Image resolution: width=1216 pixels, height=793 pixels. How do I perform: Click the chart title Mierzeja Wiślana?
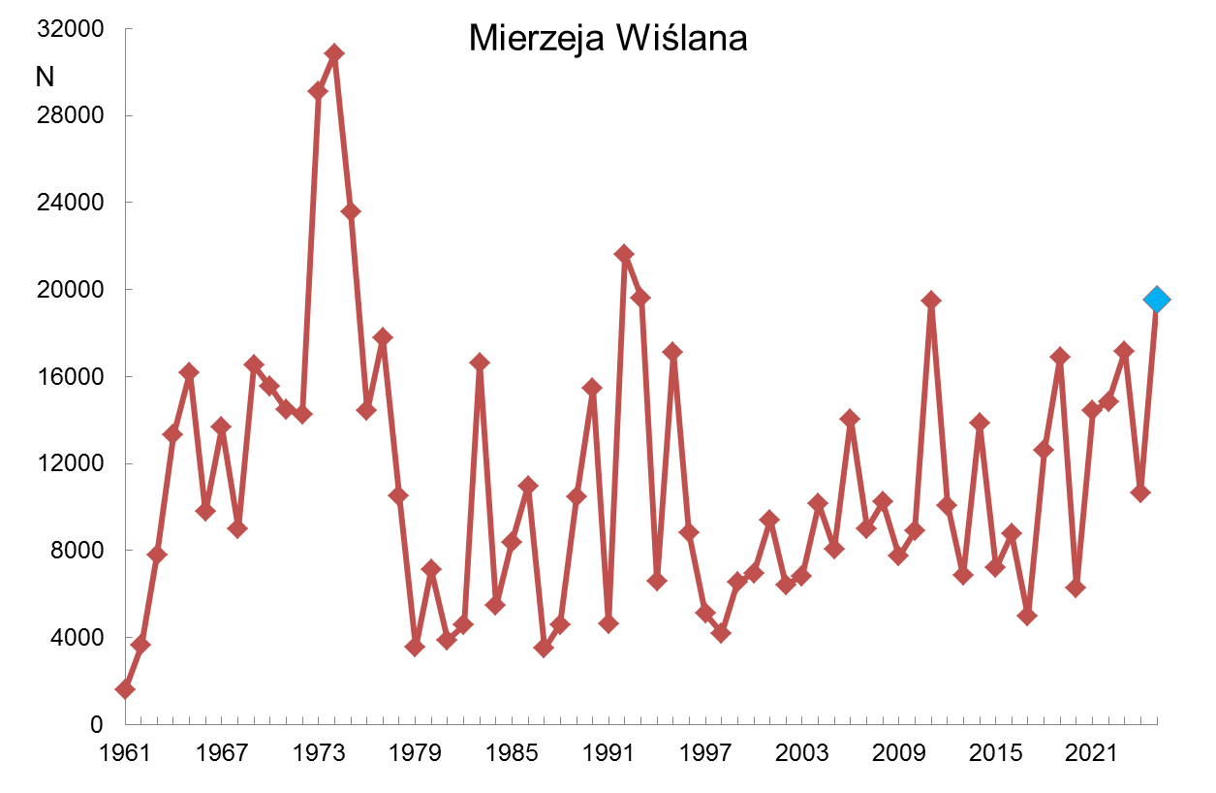tap(608, 39)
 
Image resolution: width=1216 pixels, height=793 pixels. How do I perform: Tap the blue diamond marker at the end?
tap(1156, 300)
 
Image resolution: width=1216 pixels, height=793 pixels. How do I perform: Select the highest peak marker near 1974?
tap(334, 53)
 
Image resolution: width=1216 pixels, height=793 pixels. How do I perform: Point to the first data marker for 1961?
tap(125, 689)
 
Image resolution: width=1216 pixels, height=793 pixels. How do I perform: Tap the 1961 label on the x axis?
tap(125, 753)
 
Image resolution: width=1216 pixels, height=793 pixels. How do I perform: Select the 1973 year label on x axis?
tap(318, 753)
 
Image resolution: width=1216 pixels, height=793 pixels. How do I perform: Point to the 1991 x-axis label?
tap(608, 753)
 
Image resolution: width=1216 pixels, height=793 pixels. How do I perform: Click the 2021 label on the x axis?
tap(1091, 753)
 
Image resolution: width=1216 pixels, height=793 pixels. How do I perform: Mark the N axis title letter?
tap(45, 78)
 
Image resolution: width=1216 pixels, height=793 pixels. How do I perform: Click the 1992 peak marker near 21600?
tap(624, 254)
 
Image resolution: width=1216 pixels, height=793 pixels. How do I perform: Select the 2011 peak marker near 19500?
tap(931, 301)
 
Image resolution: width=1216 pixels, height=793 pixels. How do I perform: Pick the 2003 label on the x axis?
tap(801, 753)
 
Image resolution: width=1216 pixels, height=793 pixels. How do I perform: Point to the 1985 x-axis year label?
tap(512, 753)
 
